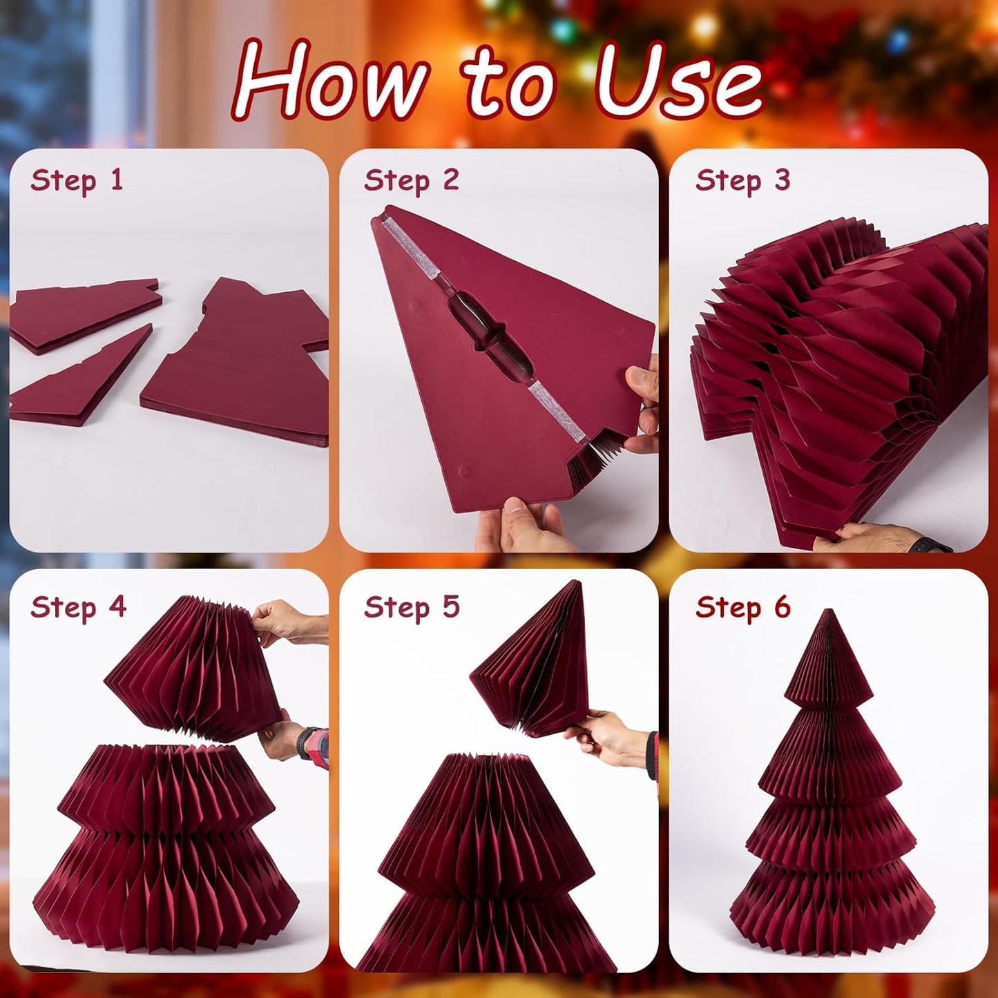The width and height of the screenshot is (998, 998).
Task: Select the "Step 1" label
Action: pos(77,181)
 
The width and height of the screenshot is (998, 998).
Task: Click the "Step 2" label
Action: pos(411,181)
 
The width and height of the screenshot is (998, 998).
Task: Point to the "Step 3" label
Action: pos(742,181)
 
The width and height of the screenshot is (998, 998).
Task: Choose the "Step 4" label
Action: pos(78,608)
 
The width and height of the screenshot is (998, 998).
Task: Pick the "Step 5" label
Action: pos(411,608)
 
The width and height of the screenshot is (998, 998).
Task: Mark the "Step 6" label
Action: pos(742,608)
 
